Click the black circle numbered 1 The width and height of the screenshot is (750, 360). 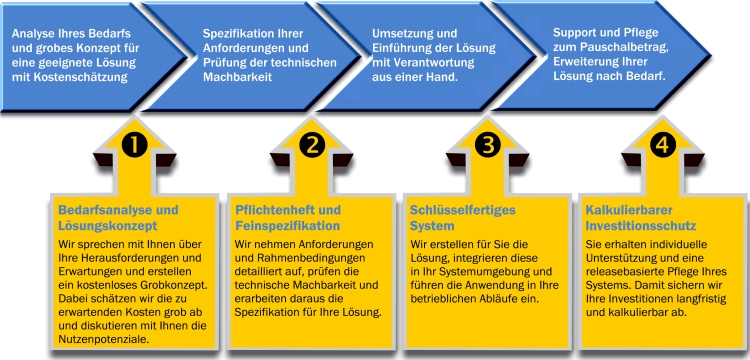point(134,145)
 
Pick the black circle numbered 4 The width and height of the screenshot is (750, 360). point(662,145)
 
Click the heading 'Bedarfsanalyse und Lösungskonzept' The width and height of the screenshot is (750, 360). point(118,219)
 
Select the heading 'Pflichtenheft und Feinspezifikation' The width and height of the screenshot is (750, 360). point(287,219)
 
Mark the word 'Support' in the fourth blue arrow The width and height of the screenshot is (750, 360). point(576,32)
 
